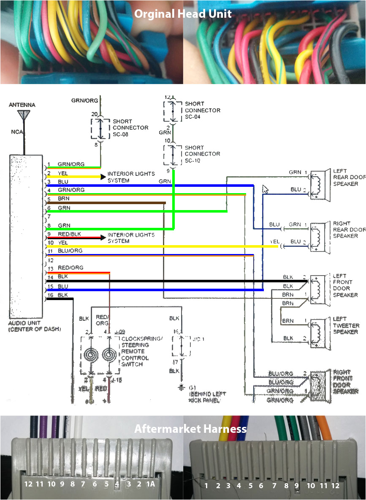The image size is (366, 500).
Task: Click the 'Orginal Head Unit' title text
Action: (183, 14)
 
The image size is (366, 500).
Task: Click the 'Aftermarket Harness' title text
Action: (190, 429)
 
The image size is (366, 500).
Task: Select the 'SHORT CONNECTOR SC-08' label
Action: (130, 128)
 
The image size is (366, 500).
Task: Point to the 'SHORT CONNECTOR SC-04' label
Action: (202, 110)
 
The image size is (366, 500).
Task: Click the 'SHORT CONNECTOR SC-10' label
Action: (202, 154)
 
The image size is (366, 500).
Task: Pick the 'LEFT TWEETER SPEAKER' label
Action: (346, 325)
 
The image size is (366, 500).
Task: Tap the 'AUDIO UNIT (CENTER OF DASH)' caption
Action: (34, 325)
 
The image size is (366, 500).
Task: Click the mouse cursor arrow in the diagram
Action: (265, 189)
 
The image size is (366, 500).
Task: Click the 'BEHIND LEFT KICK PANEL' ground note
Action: (207, 397)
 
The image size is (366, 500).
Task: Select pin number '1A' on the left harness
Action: (150, 484)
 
